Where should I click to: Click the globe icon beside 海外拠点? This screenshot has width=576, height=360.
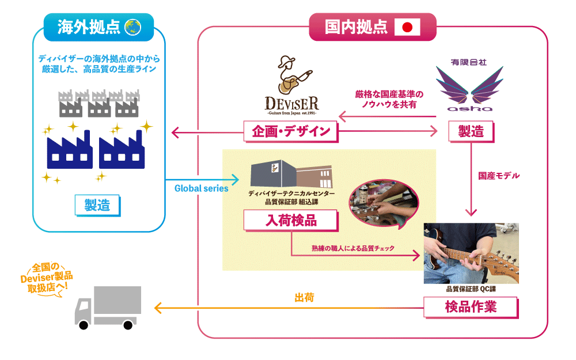tap(133, 27)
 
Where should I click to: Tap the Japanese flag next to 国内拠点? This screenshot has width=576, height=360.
tap(407, 27)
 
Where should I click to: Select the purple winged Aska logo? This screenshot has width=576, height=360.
tap(469, 88)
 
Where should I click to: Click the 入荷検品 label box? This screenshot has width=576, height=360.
tap(291, 221)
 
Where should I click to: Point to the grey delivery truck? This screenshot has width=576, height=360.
tap(108, 306)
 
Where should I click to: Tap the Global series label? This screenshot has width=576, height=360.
tap(201, 188)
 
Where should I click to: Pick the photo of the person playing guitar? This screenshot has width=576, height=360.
tap(471, 252)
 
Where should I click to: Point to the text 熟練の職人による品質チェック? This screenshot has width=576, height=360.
tap(353, 248)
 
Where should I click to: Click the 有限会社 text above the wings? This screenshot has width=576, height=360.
tap(469, 62)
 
